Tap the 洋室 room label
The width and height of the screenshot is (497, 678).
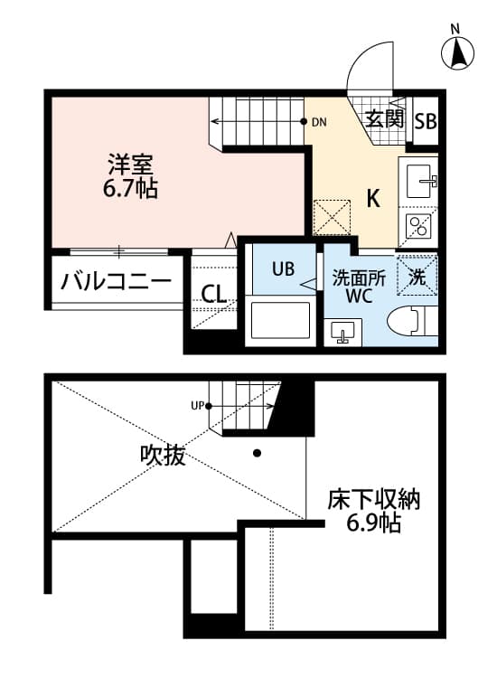point(132,165)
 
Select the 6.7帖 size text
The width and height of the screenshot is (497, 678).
point(132,189)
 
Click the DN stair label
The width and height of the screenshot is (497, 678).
point(319,121)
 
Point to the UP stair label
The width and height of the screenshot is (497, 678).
point(197,405)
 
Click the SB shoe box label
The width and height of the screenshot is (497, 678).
point(426,121)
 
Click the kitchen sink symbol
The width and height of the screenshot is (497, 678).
point(421,181)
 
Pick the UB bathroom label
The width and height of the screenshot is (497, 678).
point(282,268)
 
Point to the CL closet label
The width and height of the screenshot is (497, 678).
point(213,294)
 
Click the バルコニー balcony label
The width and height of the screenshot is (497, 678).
point(116,281)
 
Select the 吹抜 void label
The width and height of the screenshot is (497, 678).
point(163,456)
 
